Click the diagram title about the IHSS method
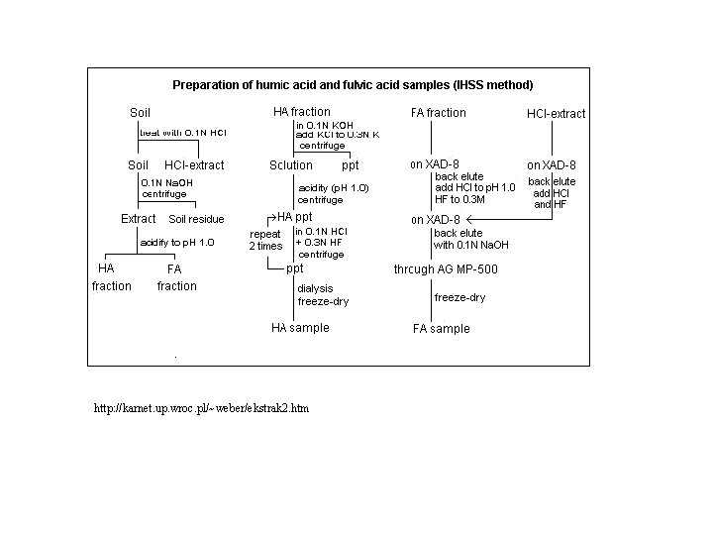click(353, 85)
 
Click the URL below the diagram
click(201, 408)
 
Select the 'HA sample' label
click(300, 328)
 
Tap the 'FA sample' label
click(441, 329)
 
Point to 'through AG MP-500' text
click(446, 269)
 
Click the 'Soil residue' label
click(196, 219)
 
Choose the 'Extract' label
click(139, 218)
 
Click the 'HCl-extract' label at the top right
click(556, 114)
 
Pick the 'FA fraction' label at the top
click(438, 113)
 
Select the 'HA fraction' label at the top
click(301, 112)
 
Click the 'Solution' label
click(291, 165)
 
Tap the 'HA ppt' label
click(294, 217)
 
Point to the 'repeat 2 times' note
click(265, 240)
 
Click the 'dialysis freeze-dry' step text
click(323, 295)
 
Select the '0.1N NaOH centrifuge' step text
click(166, 188)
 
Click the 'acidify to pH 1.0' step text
click(176, 242)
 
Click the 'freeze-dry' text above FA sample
click(459, 297)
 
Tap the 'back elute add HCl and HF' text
click(551, 193)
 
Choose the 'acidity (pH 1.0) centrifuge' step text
click(333, 193)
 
